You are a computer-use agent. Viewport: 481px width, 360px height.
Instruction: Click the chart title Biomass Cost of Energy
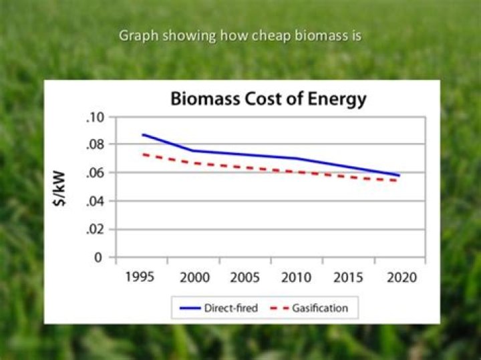coord(268,99)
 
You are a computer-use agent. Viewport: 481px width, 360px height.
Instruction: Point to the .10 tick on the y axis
coord(96,117)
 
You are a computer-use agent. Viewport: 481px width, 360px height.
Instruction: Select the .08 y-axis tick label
coord(96,145)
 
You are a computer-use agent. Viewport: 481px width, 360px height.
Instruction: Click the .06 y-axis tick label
coord(96,173)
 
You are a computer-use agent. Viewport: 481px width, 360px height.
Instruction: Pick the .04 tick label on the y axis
coord(96,201)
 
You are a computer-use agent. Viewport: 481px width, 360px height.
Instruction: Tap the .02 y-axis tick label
coord(96,229)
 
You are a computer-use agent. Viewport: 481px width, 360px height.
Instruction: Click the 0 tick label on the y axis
coord(100,257)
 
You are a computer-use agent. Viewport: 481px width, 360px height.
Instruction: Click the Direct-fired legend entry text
coord(231,309)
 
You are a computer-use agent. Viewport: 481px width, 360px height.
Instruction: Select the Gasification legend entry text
coord(320,309)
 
